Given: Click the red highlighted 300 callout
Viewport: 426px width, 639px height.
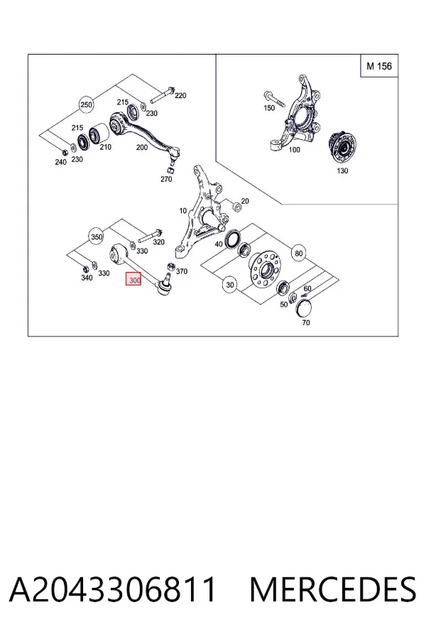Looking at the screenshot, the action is click(x=133, y=280).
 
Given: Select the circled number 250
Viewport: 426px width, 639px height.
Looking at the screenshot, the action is click(x=87, y=105).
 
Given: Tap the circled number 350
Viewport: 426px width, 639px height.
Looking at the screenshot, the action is click(x=97, y=236).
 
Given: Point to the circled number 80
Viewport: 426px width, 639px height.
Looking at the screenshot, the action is click(x=299, y=253).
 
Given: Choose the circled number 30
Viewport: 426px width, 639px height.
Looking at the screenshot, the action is click(x=230, y=285).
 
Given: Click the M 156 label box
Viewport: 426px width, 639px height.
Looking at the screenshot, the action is click(x=379, y=65).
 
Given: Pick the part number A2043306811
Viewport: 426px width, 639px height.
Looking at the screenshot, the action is click(x=112, y=589).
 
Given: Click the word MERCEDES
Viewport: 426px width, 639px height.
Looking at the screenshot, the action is click(x=333, y=589).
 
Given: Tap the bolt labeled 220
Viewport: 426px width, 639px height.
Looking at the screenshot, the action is click(x=163, y=94).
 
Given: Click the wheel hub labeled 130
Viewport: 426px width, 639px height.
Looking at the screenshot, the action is click(x=342, y=148).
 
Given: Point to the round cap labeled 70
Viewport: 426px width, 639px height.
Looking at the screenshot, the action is click(x=303, y=307).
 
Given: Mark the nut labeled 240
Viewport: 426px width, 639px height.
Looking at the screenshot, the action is click(x=64, y=152).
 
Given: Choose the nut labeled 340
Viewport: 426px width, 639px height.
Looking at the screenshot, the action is click(x=85, y=269).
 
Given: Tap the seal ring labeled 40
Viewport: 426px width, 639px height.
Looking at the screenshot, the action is click(x=232, y=239).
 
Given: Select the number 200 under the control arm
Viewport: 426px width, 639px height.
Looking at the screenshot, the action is click(x=141, y=147).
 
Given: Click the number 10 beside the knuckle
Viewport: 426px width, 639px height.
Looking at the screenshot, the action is click(x=182, y=211).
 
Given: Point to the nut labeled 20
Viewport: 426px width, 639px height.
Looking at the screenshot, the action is click(x=236, y=206).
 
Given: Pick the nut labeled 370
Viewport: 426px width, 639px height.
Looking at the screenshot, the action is click(x=171, y=266).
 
